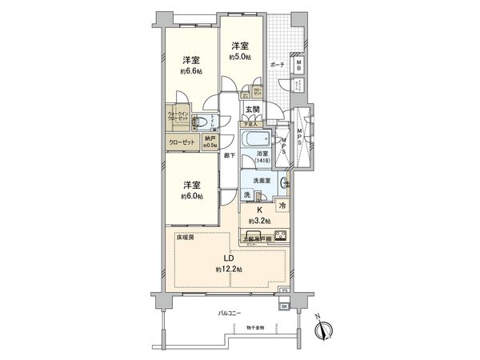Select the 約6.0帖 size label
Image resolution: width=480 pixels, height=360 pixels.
[190, 196]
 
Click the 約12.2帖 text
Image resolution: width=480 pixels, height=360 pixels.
[228, 270]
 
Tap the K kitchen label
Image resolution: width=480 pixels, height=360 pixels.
[259, 210]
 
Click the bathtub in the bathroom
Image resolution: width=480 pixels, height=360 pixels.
[257, 138]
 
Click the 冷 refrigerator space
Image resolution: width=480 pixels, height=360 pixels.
[282, 206]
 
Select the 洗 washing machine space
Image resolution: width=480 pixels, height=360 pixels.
[247, 196]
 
